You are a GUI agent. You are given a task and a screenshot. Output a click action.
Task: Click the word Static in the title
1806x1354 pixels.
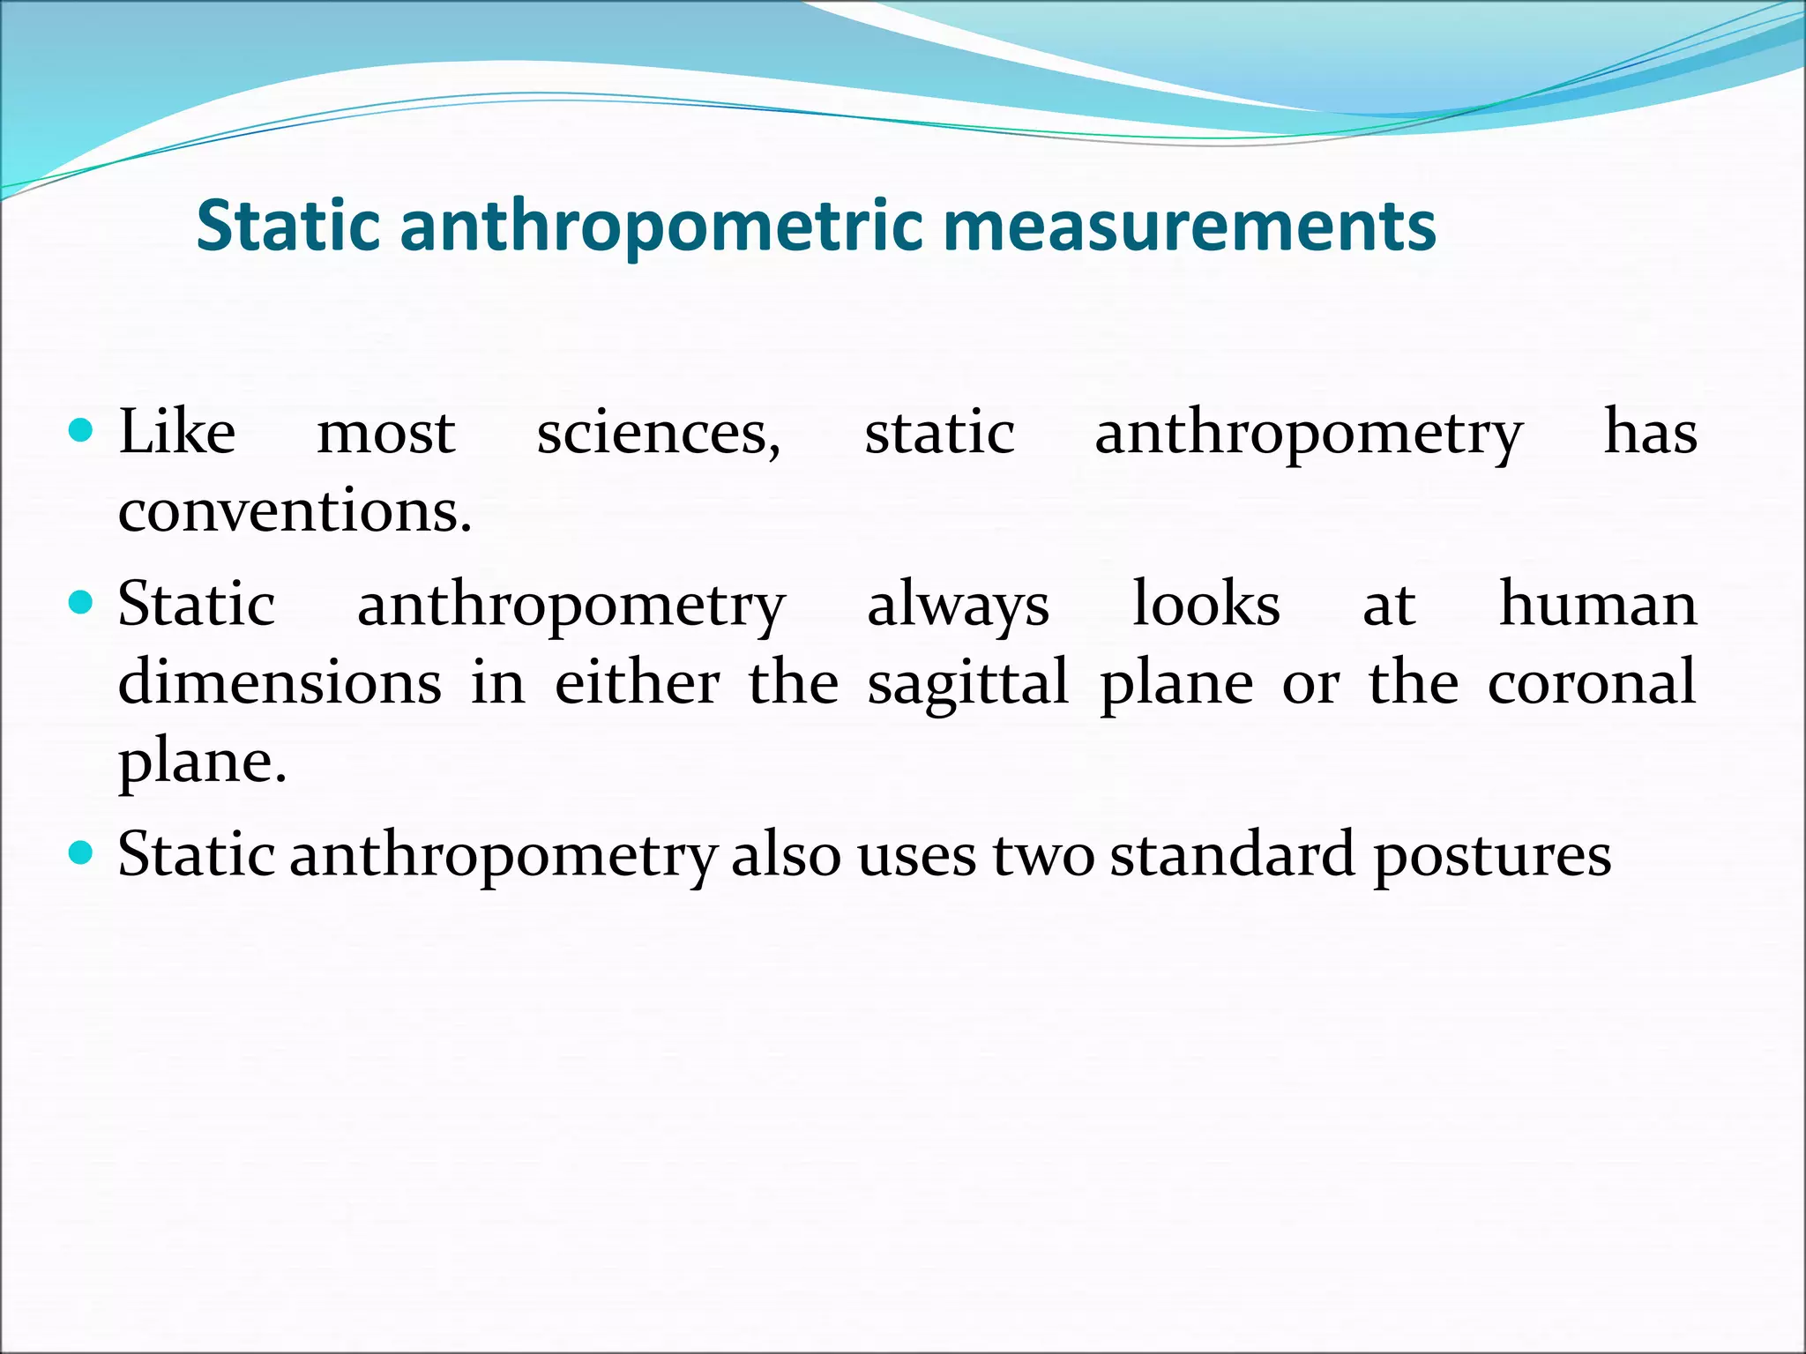[287, 226]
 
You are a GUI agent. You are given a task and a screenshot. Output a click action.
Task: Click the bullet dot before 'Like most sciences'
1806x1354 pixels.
[80, 431]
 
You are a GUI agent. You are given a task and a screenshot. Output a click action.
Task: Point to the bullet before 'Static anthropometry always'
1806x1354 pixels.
[80, 603]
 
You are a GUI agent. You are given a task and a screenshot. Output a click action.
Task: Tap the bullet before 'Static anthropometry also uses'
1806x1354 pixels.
[80, 852]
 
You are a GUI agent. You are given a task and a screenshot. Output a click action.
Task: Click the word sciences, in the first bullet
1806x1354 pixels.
[659, 434]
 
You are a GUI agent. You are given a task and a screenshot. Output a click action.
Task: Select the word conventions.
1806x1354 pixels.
[295, 510]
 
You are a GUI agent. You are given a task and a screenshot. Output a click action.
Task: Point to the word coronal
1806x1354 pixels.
[1592, 682]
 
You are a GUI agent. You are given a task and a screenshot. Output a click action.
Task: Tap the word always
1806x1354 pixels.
[958, 606]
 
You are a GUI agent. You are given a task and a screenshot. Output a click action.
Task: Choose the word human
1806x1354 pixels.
[1598, 605]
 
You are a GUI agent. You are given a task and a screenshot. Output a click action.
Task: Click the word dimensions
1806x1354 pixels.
[280, 682]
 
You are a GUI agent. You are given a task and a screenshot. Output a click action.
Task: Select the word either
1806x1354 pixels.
[637, 682]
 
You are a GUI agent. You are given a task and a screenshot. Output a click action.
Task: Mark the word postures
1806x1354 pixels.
[1492, 856]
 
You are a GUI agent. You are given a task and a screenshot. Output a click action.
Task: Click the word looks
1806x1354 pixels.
[1205, 605]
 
